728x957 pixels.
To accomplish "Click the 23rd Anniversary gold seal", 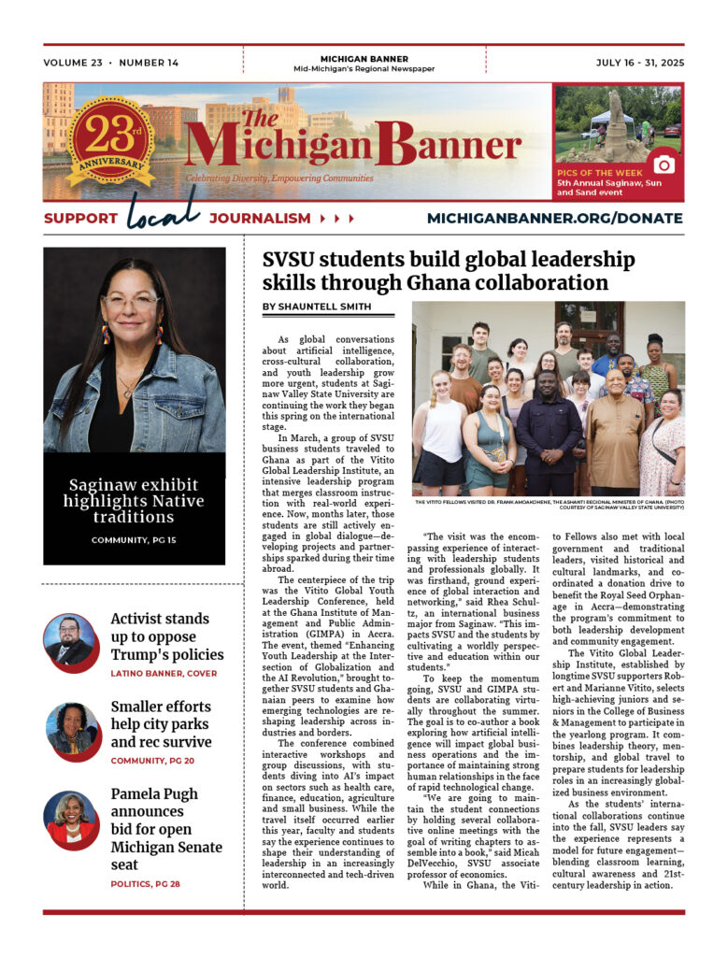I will click(110, 140).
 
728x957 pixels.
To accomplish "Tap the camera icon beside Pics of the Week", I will click(664, 164).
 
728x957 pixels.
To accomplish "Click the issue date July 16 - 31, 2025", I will click(639, 64).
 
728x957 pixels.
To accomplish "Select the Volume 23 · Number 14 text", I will click(110, 64).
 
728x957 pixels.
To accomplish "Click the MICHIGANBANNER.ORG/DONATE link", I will click(554, 218).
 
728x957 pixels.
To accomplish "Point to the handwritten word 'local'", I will click(163, 211).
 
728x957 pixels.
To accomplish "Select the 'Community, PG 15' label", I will click(134, 540).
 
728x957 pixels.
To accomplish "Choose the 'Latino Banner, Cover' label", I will click(163, 673).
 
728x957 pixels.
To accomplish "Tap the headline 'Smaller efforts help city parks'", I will click(161, 723).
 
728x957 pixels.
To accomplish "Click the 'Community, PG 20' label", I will click(158, 761).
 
